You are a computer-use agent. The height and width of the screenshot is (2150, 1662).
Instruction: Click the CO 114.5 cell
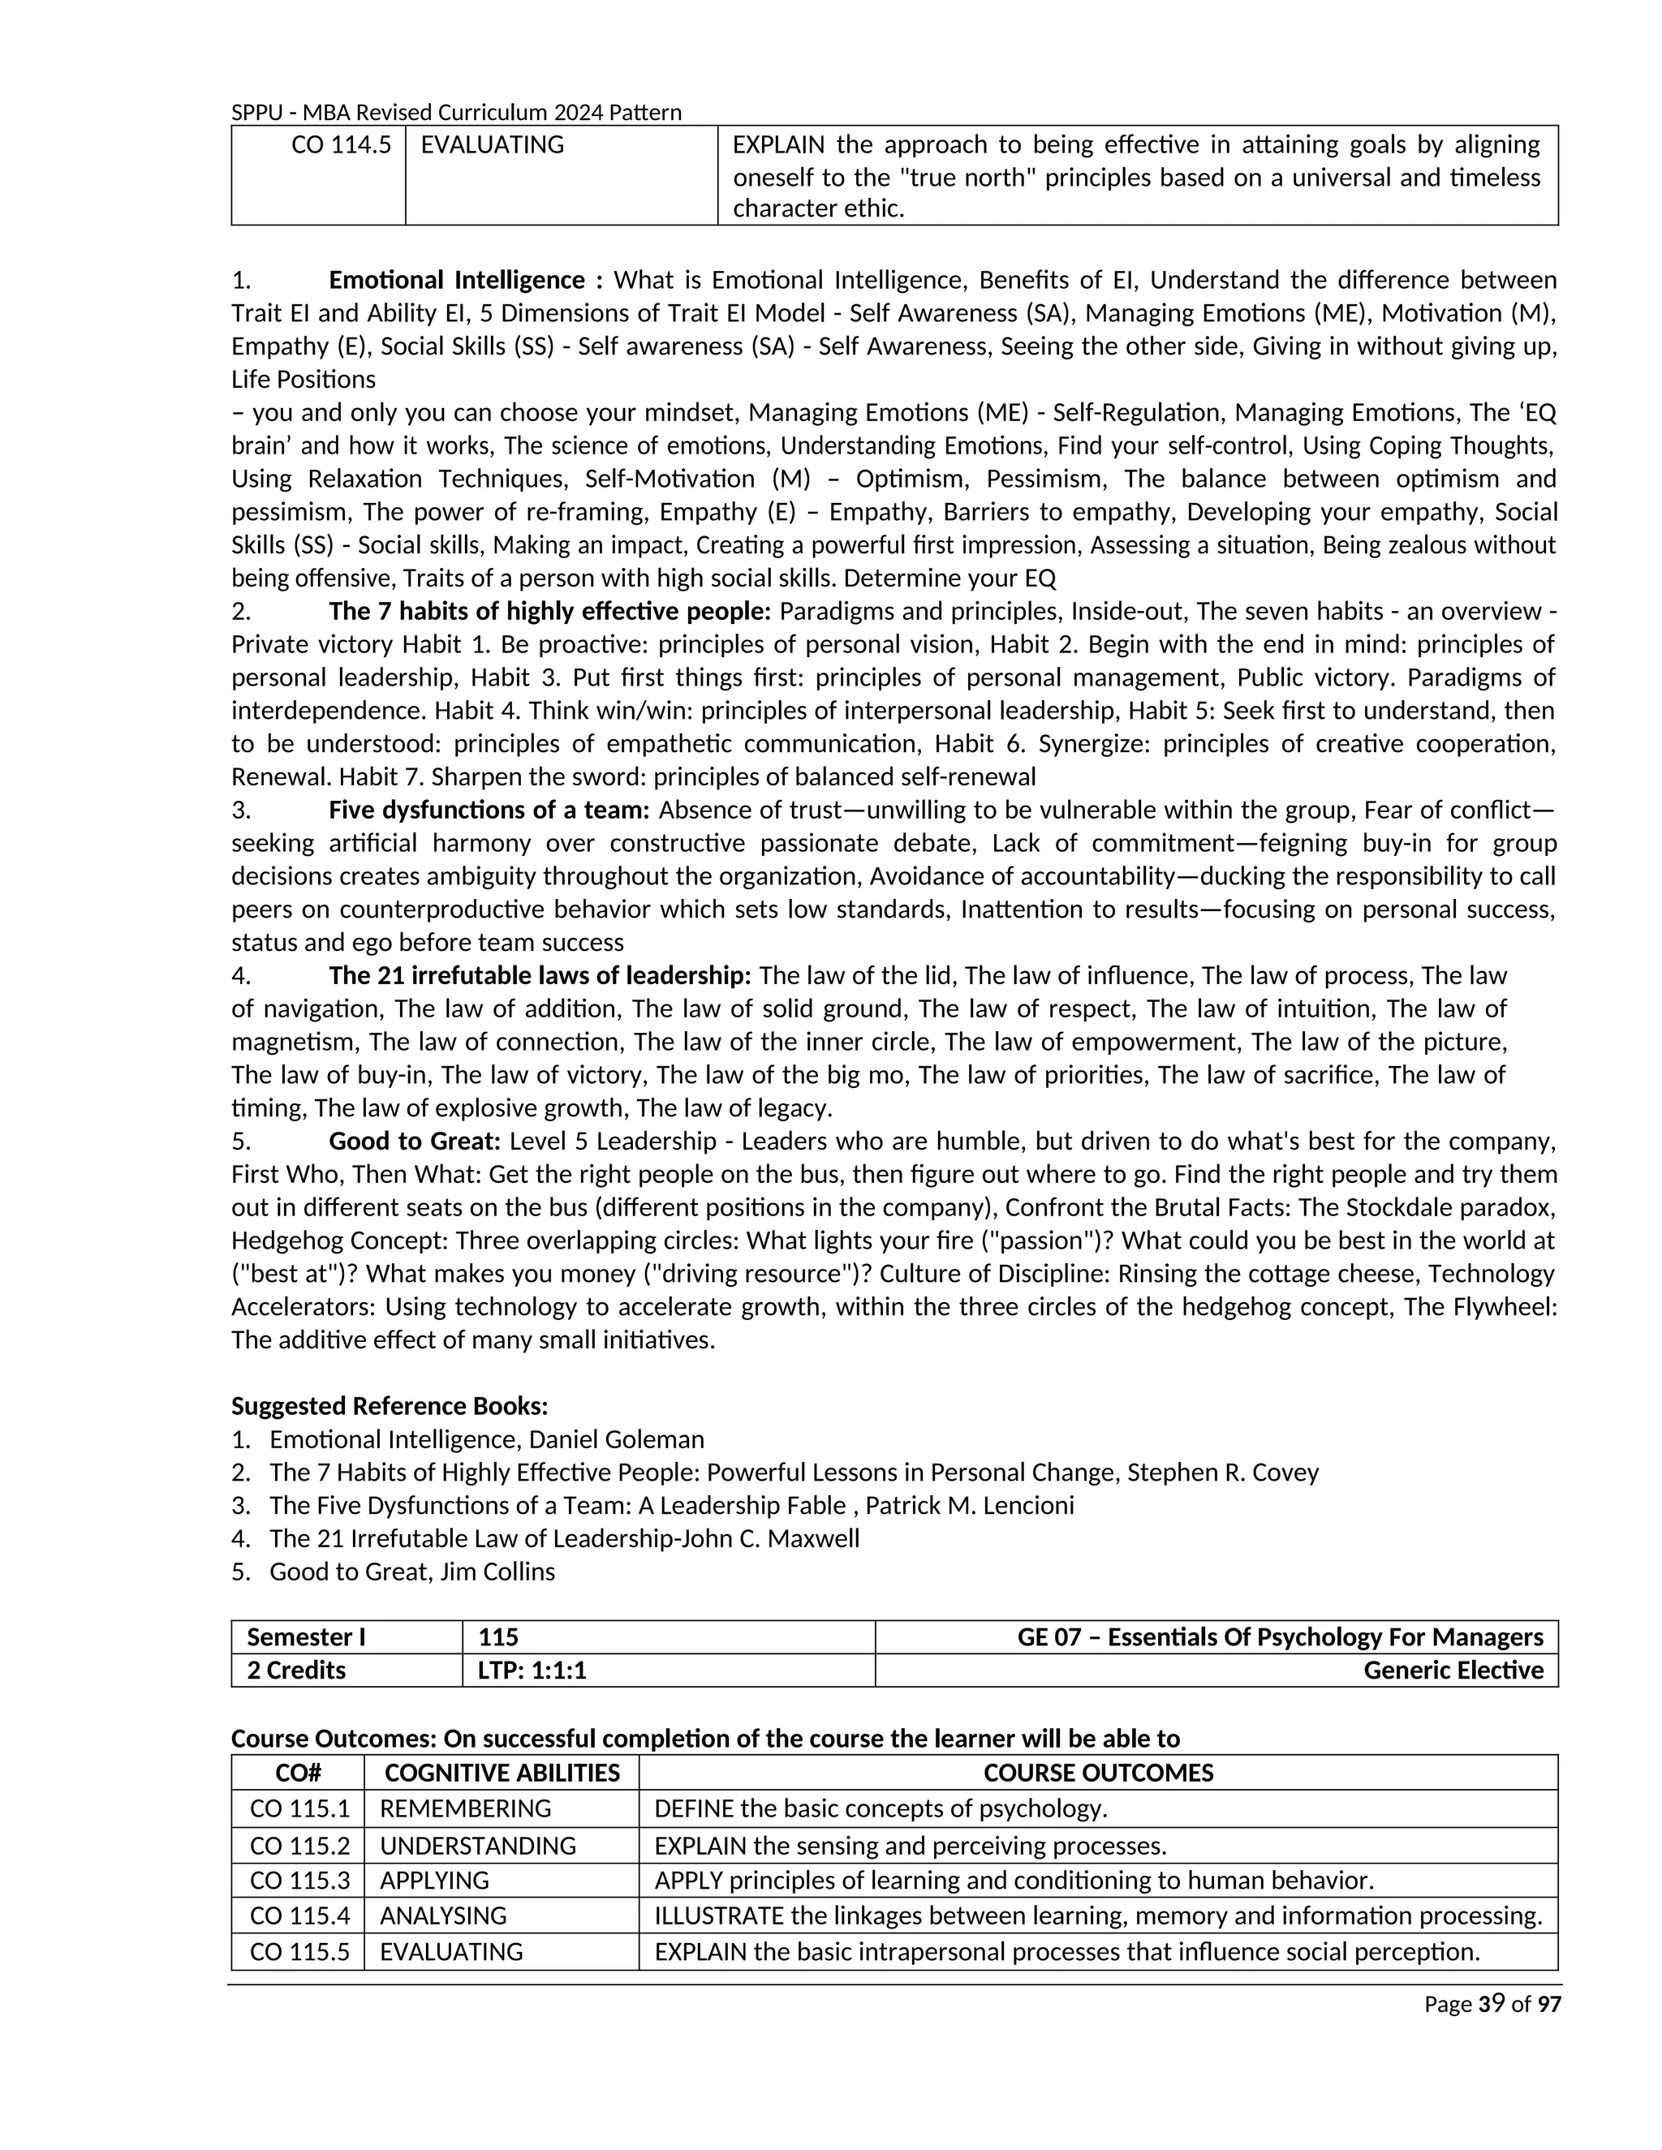click(341, 144)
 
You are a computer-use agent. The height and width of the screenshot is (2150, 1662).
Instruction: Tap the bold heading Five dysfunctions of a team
click(489, 811)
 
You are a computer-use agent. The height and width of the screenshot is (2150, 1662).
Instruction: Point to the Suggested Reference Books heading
click(389, 1406)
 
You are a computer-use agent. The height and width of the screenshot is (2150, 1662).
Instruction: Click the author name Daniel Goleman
click(617, 1439)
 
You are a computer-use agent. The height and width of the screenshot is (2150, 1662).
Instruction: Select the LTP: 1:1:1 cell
click(532, 1671)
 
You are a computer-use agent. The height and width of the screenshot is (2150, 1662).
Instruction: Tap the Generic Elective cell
click(1453, 1671)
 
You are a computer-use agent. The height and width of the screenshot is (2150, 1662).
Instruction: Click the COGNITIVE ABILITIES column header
click(502, 1773)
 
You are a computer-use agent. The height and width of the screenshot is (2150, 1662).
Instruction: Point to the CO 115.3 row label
click(299, 1881)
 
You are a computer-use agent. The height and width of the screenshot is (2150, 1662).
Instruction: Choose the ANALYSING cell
click(443, 1916)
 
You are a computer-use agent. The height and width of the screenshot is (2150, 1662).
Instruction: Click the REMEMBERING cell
click(465, 1808)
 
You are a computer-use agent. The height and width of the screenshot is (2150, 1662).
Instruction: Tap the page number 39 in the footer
click(1491, 2003)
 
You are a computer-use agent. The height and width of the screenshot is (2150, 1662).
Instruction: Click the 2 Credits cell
click(296, 1671)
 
